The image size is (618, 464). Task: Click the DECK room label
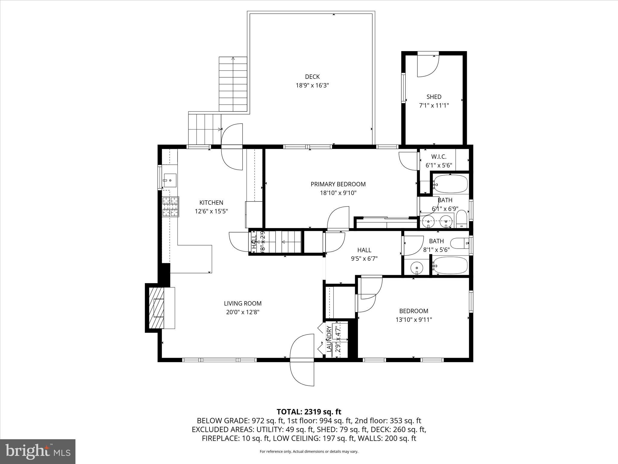point(312,77)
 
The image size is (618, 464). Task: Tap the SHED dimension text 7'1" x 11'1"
point(434,105)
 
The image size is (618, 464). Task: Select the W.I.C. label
point(438,157)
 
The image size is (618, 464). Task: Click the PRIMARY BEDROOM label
point(338,184)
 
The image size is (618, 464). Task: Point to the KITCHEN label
point(211,202)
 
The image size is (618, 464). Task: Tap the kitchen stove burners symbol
point(170,207)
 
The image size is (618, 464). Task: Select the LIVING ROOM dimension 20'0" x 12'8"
point(243,312)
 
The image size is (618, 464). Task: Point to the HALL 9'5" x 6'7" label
point(364,254)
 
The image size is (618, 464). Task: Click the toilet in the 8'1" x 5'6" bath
point(460,243)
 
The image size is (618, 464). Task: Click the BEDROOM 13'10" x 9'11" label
point(413,315)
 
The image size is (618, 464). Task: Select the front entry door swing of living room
point(302,359)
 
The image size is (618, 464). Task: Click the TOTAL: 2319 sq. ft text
point(309,412)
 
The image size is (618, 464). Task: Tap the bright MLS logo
point(37,451)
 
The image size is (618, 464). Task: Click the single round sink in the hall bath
point(417,267)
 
